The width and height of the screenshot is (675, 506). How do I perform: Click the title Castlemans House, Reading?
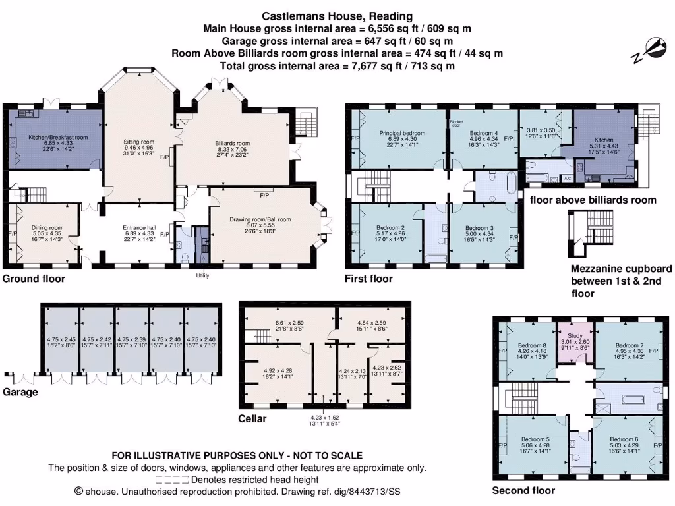[x=337, y=16]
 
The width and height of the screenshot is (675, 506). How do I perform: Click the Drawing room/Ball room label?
[x=260, y=219]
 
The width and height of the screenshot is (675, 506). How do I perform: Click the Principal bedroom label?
[x=402, y=134]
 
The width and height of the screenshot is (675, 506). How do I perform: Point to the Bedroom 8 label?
[x=531, y=345]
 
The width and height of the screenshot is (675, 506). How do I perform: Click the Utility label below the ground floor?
[x=202, y=275]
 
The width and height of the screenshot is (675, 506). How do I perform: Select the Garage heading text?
[x=20, y=392]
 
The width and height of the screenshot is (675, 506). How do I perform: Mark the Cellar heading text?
[x=253, y=418]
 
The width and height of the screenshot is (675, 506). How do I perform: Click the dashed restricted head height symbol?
[x=172, y=480]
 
